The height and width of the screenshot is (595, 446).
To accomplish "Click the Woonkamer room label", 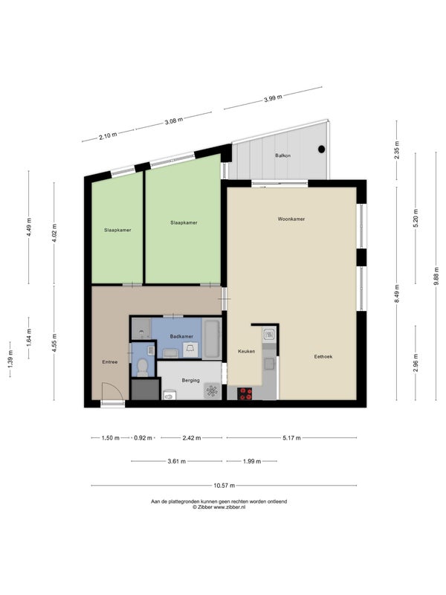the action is [x=291, y=219].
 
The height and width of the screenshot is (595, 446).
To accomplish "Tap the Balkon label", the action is [x=283, y=155].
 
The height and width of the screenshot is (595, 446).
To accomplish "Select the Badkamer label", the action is [x=181, y=336].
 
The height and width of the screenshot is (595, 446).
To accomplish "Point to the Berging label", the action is [x=190, y=380].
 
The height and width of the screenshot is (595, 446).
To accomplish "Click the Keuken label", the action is [x=247, y=351].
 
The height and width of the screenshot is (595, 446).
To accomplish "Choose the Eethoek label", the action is [x=323, y=357].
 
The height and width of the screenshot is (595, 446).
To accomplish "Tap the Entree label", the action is [x=110, y=362].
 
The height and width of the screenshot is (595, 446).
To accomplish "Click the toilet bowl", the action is [x=143, y=367].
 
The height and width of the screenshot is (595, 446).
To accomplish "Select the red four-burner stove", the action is [x=245, y=393].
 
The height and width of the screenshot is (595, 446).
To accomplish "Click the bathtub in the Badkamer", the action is [x=212, y=338].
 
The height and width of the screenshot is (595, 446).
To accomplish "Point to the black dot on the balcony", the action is [x=322, y=149].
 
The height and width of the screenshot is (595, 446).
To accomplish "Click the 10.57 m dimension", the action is [x=224, y=486].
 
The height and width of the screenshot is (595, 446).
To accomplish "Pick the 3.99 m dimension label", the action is [x=273, y=99].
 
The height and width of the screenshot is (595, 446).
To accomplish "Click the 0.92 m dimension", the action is [x=143, y=438].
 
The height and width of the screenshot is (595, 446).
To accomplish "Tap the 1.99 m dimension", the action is [x=252, y=461].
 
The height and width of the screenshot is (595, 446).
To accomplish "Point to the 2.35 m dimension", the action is [x=397, y=150].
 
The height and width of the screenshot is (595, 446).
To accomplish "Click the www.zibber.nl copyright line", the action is [x=219, y=507].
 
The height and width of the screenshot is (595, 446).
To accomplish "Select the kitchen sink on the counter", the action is [x=269, y=334].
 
